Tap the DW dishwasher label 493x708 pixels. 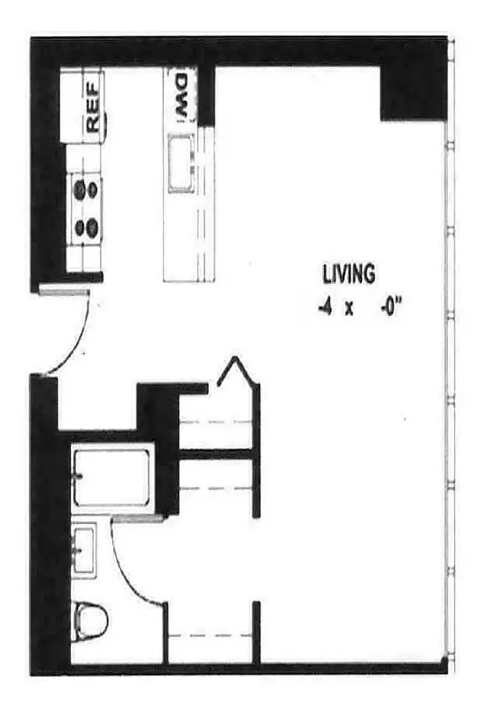[x=181, y=95]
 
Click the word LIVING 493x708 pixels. [x=348, y=275]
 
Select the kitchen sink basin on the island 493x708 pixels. [x=182, y=160]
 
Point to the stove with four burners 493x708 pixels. [x=86, y=208]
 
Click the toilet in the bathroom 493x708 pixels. [x=90, y=619]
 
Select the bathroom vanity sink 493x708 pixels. [x=85, y=549]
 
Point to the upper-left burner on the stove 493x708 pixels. [x=80, y=189]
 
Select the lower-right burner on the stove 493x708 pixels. [x=92, y=227]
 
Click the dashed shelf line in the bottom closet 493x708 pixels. [x=210, y=635]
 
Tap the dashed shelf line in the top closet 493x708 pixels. [x=217, y=422]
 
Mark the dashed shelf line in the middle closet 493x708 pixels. [x=217, y=487]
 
